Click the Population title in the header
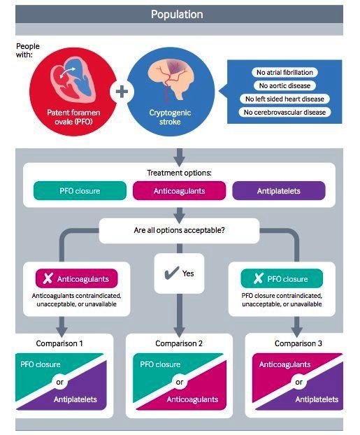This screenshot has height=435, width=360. click(x=177, y=15)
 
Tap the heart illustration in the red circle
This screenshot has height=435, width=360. click(x=73, y=80)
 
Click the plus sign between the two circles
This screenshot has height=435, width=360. click(x=122, y=92)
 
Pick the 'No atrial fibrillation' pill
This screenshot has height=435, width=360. click(x=285, y=73)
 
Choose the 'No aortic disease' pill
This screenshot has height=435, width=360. click(x=285, y=86)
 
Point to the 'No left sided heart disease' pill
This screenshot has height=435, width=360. click(x=285, y=99)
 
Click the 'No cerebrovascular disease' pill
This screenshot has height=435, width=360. click(x=285, y=113)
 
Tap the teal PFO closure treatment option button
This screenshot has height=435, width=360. click(x=80, y=191)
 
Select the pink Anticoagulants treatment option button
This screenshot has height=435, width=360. click(x=179, y=191)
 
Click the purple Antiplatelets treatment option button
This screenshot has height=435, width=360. click(x=279, y=191)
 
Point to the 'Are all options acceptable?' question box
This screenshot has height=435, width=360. click(x=179, y=231)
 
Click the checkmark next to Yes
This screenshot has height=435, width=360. click(x=172, y=273)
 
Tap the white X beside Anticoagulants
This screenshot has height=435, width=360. click(x=48, y=278)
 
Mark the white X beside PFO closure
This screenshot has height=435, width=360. click(x=258, y=278)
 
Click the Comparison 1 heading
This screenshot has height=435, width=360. click(x=59, y=343)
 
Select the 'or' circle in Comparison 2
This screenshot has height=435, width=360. click(x=180, y=382)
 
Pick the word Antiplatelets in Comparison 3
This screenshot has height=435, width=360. click(x=317, y=399)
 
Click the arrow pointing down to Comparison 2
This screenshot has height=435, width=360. click(x=180, y=315)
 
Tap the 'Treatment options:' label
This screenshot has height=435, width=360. click(x=179, y=173)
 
